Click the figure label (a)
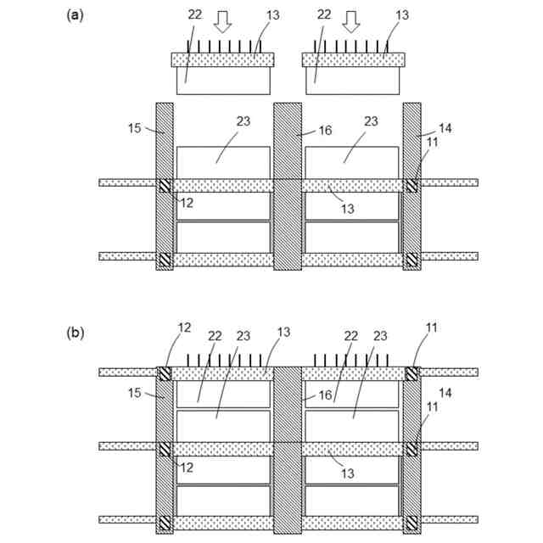75,15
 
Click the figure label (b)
75,333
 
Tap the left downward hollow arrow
222,23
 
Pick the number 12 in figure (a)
188,204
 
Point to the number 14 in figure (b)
445,392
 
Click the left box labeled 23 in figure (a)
223,163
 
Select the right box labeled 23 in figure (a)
351,163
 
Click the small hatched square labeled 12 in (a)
165,186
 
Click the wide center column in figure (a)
288,187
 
